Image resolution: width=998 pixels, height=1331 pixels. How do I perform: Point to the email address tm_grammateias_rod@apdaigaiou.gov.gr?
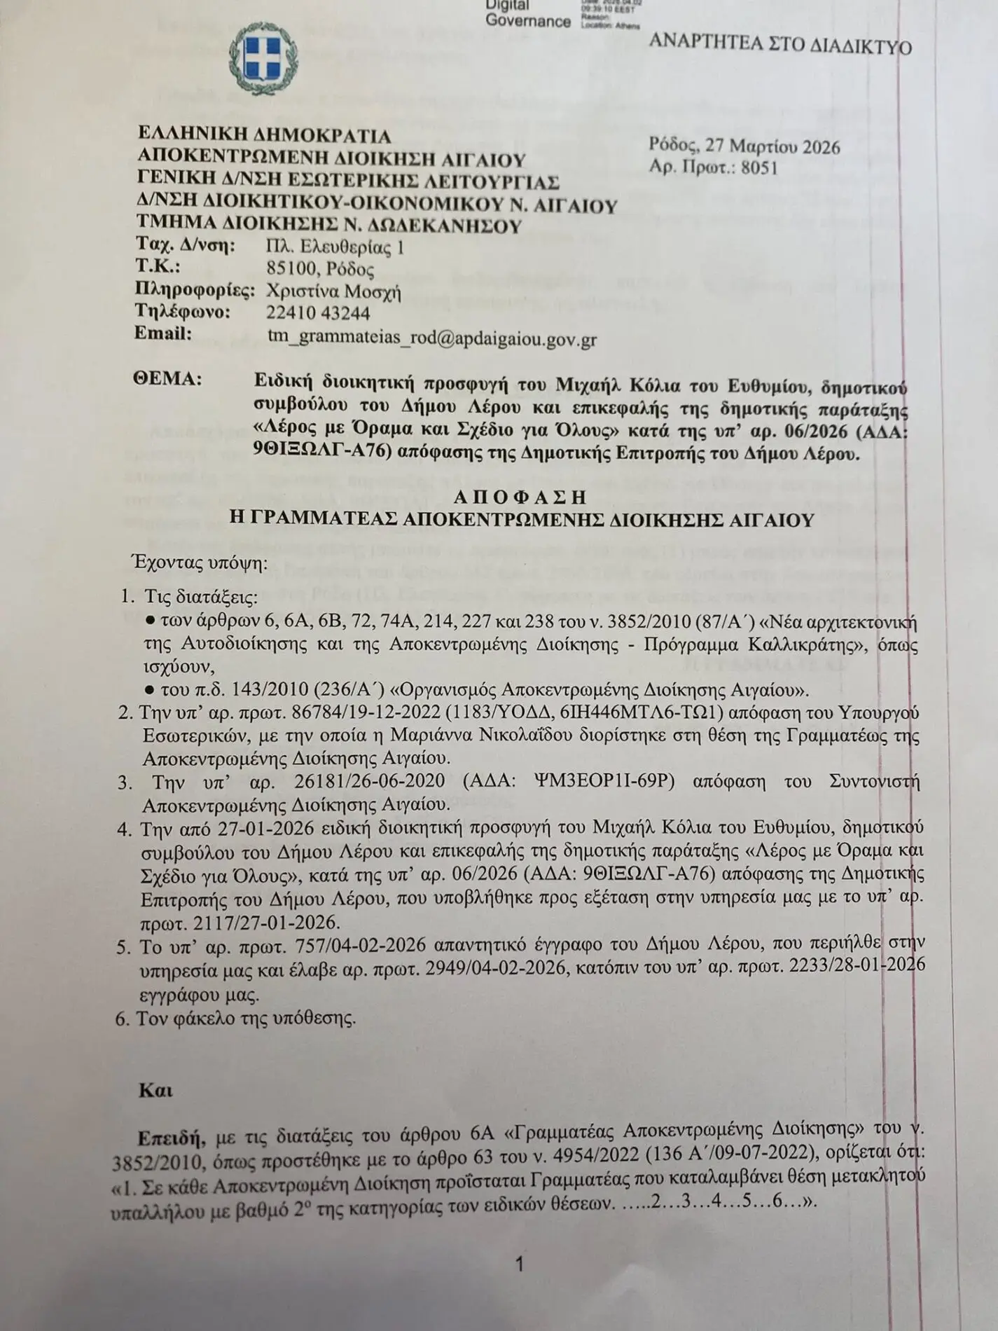pyautogui.click(x=431, y=338)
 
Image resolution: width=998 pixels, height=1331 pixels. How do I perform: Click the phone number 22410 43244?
pyautogui.click(x=318, y=312)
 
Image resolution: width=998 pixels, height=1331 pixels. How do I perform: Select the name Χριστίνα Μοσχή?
pyautogui.click(x=334, y=291)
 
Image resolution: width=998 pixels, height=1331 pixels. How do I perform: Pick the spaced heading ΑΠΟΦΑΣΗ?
pyautogui.click(x=519, y=497)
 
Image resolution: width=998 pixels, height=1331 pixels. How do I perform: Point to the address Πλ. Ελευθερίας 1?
pyautogui.click(x=335, y=247)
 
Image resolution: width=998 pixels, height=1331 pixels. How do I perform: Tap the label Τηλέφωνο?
pyautogui.click(x=183, y=312)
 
